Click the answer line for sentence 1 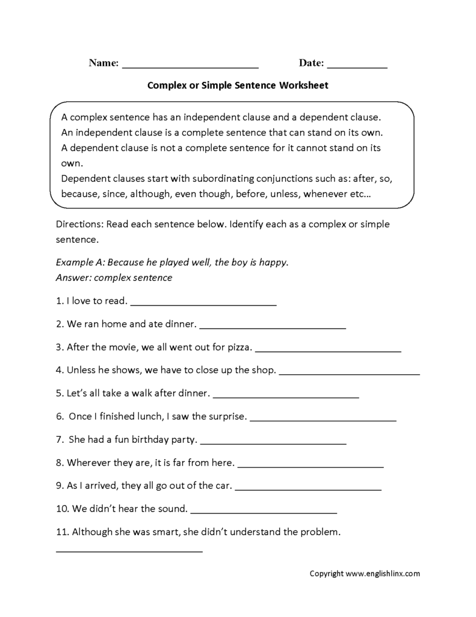[203, 304]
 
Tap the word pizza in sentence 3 [240, 348]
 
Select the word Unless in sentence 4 [81, 370]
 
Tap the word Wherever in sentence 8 [88, 463]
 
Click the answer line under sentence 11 [129, 550]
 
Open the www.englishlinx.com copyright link [383, 574]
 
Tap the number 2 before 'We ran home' [59, 324]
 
